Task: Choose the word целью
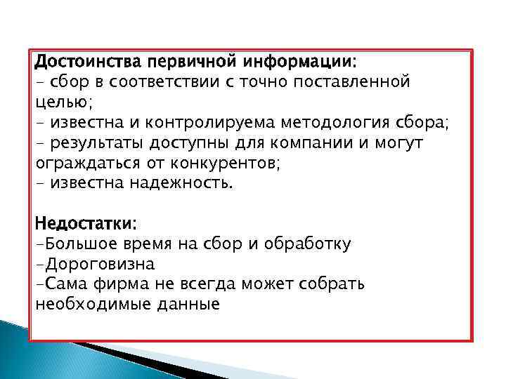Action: tap(63, 103)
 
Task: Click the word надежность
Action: tap(184, 184)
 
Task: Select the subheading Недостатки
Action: tap(86, 224)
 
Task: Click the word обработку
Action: tap(311, 244)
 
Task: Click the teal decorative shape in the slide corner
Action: tap(42, 351)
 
